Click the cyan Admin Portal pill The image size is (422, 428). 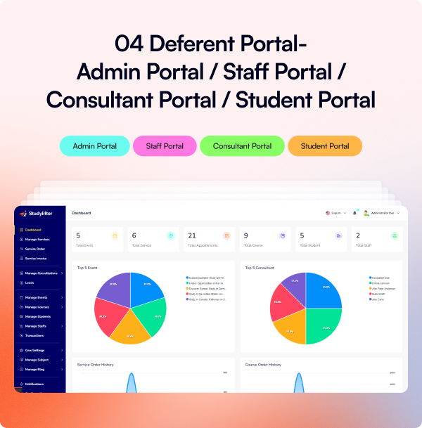[x=94, y=146]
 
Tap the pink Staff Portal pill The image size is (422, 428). [x=165, y=146]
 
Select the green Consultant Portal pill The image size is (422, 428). [x=242, y=146]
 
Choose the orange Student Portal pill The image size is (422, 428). [x=325, y=146]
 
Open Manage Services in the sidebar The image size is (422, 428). [x=37, y=240]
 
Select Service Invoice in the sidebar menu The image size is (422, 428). [x=36, y=259]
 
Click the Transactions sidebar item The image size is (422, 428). [x=34, y=335]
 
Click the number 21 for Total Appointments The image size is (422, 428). [x=192, y=236]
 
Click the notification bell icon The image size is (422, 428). [x=354, y=213]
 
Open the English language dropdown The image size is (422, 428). [x=336, y=213]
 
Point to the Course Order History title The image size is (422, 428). [x=263, y=365]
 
